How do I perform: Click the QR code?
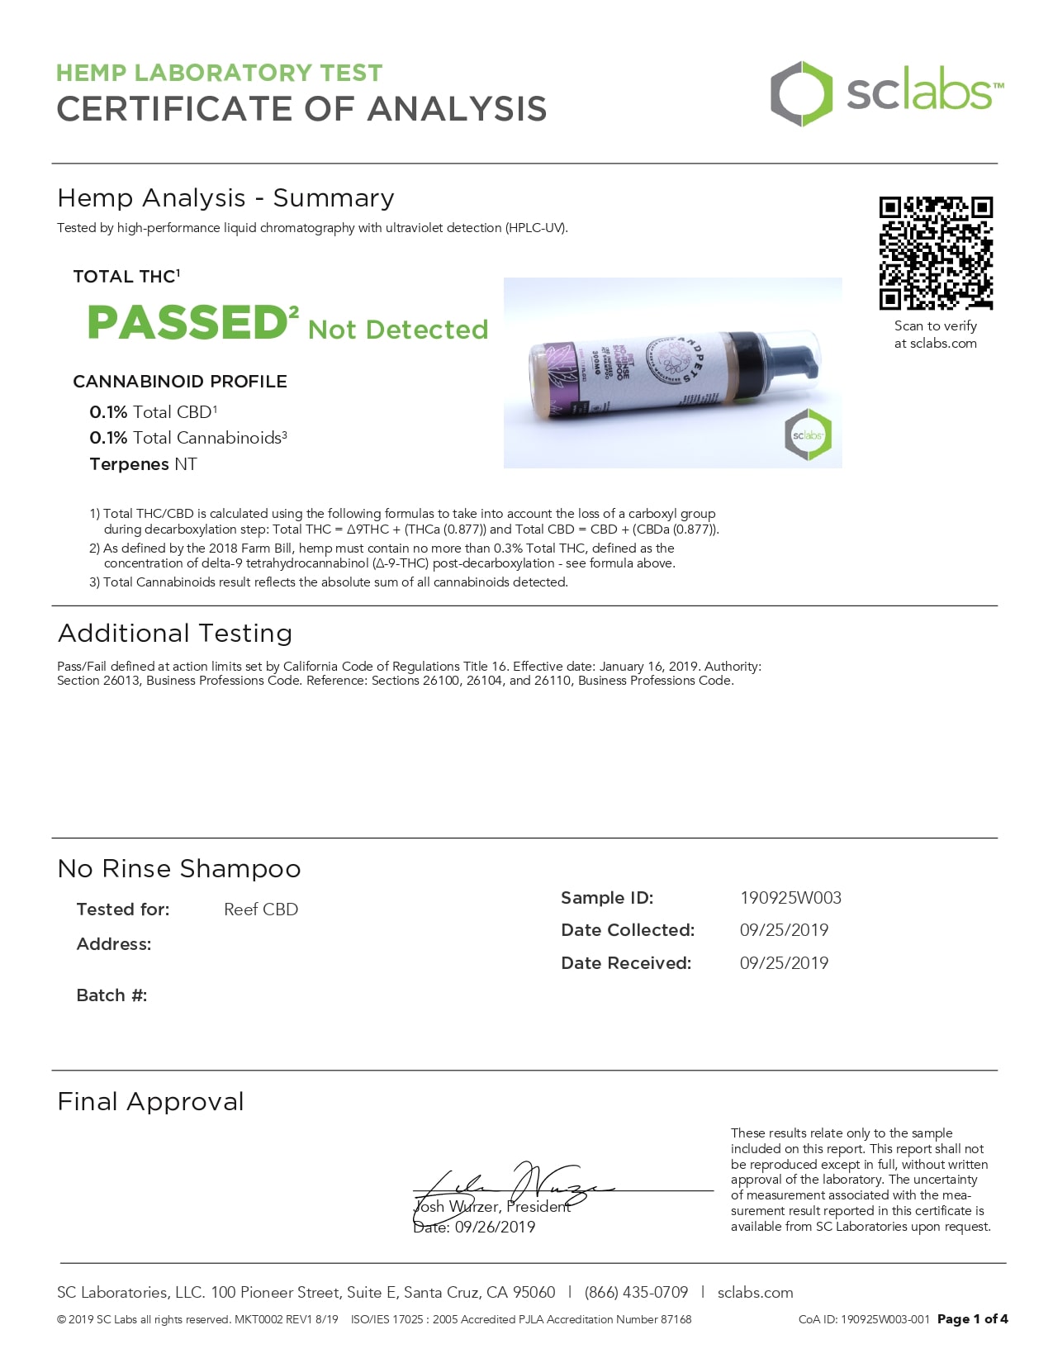(x=936, y=253)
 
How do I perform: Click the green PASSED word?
(x=187, y=322)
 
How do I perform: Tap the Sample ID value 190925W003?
(x=790, y=898)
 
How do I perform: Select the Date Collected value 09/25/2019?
(x=784, y=930)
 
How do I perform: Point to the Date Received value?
(x=784, y=963)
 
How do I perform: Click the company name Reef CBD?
(x=261, y=909)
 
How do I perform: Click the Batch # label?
(x=111, y=995)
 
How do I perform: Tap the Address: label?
(x=114, y=944)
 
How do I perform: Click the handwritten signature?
(x=512, y=1186)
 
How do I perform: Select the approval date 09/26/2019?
(x=495, y=1228)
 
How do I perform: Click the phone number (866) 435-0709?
(x=636, y=1293)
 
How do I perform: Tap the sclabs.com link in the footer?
(x=755, y=1293)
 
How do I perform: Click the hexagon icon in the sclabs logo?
(x=800, y=93)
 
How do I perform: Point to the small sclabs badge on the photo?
(x=808, y=435)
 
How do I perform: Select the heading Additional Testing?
(x=175, y=634)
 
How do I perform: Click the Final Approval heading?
(x=151, y=1102)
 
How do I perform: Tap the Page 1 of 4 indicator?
(x=972, y=1319)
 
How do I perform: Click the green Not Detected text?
(x=398, y=330)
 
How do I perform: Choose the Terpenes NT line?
(x=144, y=464)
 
